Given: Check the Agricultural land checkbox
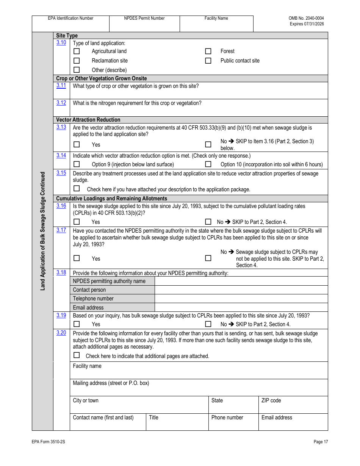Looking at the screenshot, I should coord(77,51).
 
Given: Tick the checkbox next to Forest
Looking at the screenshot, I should coord(208,51).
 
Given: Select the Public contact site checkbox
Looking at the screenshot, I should coord(208,61).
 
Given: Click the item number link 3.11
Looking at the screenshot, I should coord(61,86).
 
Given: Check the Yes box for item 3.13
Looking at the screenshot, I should coord(77,144).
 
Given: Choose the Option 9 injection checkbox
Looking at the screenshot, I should coord(77,164).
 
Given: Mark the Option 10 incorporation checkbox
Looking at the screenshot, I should coord(208,164).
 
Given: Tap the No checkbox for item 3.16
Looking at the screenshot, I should coord(208,222).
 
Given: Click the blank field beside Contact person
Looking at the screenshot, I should coord(241,290).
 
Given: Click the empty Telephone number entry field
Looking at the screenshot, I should coord(241,299).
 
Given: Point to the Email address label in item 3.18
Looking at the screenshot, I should coord(88,308).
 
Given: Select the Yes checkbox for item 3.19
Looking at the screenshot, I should coord(77,324).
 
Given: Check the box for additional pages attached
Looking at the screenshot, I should coord(77,355).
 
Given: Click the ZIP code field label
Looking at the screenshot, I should coord(271,400).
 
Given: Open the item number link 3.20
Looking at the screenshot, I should coord(61,333).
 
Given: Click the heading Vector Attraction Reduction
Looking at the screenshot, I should coord(88,120).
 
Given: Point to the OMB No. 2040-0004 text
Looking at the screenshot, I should coord(306,18).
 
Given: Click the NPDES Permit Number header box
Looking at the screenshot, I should coord(144,23).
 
